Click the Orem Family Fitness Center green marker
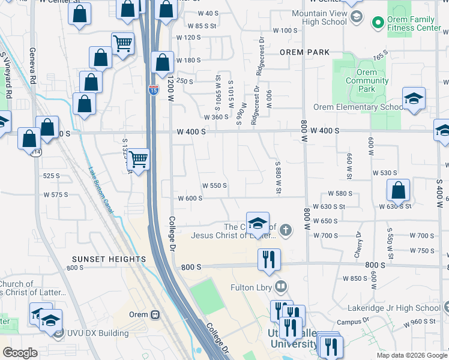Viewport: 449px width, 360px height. coord(378,23)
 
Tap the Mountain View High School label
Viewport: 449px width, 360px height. coord(319,17)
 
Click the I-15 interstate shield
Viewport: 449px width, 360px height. coord(154,90)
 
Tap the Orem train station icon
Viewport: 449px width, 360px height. coord(155,314)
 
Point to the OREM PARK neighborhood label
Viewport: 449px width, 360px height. coord(304,52)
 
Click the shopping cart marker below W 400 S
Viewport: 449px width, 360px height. coord(139,160)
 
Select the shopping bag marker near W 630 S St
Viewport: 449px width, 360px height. coord(398,191)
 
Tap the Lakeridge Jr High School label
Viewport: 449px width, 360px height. coord(394,308)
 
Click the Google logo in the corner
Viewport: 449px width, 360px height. coord(20,353)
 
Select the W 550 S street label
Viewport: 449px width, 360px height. coord(214,185)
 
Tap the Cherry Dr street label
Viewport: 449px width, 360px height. coord(358,245)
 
